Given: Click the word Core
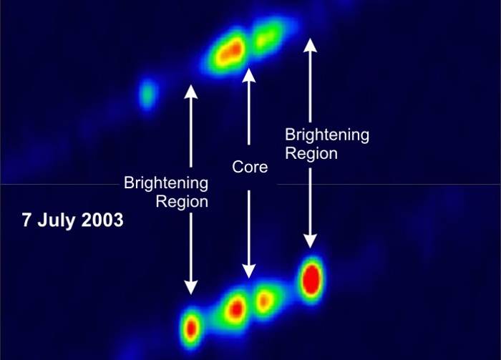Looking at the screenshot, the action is [x=250, y=167].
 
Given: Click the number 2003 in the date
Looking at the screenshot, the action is [x=102, y=220].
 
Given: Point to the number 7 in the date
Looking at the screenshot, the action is [x=26, y=220].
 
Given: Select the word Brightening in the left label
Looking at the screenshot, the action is [x=166, y=183].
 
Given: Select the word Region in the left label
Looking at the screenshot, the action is [x=182, y=202].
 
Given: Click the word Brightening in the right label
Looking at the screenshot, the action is [x=327, y=135].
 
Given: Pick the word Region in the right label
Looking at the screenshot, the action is [x=311, y=153].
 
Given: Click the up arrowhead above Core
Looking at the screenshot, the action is [x=248, y=76].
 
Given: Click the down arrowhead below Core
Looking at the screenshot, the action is [x=248, y=271].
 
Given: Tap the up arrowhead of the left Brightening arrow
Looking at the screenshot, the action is [x=191, y=92].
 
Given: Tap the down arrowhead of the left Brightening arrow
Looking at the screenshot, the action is [x=191, y=287].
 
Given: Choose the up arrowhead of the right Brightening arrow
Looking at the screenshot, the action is [x=310, y=45].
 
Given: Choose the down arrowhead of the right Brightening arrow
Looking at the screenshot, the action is [x=310, y=241].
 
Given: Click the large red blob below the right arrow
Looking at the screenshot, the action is [x=311, y=280].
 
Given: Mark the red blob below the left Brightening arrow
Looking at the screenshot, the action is [x=191, y=328].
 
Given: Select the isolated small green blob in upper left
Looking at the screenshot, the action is [x=147, y=94].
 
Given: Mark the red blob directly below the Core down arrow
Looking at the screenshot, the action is [x=237, y=309].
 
